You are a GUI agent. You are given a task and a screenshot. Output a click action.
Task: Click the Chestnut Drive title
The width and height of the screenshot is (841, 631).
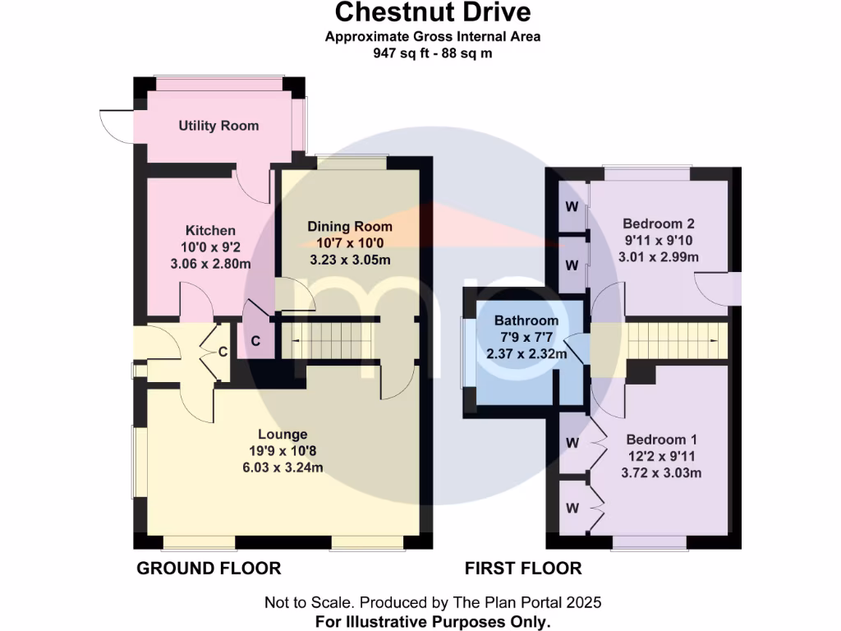point(432,12)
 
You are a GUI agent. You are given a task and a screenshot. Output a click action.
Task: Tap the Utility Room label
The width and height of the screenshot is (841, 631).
point(218,126)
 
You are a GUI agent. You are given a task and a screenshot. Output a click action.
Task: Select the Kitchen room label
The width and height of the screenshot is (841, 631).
point(210,230)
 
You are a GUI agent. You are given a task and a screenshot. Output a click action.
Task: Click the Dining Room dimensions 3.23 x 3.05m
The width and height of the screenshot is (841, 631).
point(349,260)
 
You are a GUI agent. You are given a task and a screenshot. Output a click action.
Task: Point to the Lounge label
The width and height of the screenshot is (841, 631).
point(283,434)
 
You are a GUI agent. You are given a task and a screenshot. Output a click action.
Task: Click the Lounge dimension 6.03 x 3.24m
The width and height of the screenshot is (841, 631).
point(283,467)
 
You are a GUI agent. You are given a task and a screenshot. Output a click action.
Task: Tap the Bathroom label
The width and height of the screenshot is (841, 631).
point(526,320)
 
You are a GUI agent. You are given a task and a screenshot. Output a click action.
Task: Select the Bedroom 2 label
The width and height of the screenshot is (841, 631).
point(659,223)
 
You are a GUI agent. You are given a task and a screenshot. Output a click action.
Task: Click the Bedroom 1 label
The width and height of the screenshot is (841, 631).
point(661,439)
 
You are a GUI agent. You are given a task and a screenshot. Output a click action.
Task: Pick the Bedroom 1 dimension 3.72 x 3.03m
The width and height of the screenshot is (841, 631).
point(661,472)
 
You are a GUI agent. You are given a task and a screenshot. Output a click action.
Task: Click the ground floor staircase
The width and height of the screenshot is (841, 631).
point(329,340)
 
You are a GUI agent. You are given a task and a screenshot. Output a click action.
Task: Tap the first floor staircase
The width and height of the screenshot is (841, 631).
point(678,340)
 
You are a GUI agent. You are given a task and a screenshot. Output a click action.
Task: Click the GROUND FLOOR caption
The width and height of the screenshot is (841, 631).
point(209,568)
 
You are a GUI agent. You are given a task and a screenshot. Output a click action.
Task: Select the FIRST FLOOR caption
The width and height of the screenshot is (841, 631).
point(523,568)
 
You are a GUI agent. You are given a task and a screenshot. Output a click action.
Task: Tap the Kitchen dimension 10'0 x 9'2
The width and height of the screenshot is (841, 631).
point(210,247)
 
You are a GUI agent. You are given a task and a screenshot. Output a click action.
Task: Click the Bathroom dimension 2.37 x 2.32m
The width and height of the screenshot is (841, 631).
point(526,354)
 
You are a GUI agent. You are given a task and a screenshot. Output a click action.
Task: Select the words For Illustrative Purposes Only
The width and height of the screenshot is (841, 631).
point(432,621)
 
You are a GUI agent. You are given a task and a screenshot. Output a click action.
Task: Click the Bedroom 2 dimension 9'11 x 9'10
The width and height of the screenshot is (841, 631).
point(659,240)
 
